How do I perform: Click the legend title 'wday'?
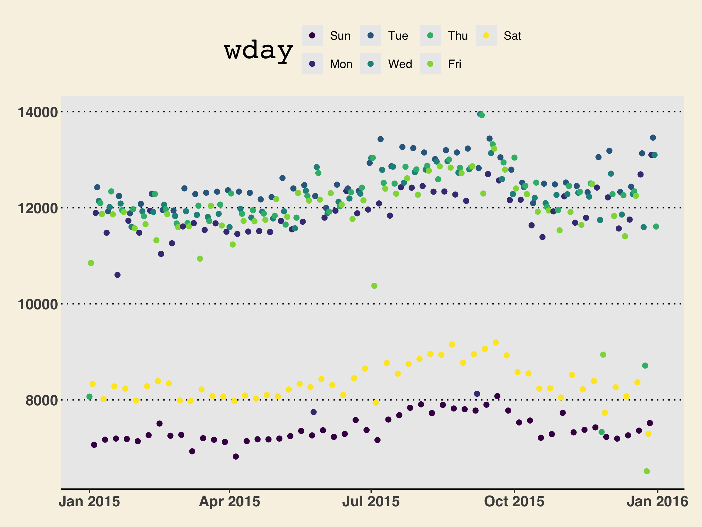[x=258, y=51]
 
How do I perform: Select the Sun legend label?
[x=340, y=36]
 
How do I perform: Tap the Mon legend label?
[x=341, y=64]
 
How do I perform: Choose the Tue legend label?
[x=398, y=36]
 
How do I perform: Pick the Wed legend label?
[x=400, y=64]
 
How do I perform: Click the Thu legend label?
[x=458, y=36]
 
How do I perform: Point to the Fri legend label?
[x=455, y=64]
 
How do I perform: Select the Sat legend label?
[x=512, y=36]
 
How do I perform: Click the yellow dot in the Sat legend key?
[x=486, y=36]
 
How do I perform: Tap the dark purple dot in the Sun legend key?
[x=312, y=36]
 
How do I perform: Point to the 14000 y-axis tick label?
[x=38, y=113]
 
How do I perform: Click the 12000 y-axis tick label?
[x=38, y=208]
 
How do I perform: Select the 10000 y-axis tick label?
[x=38, y=305]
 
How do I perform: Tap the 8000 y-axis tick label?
[x=41, y=400]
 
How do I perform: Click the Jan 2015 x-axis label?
[x=90, y=502]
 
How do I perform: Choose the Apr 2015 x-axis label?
[x=229, y=502]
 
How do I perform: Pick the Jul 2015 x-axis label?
[x=371, y=502]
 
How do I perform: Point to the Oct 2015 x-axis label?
[x=514, y=502]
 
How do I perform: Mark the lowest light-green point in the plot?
[x=647, y=471]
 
